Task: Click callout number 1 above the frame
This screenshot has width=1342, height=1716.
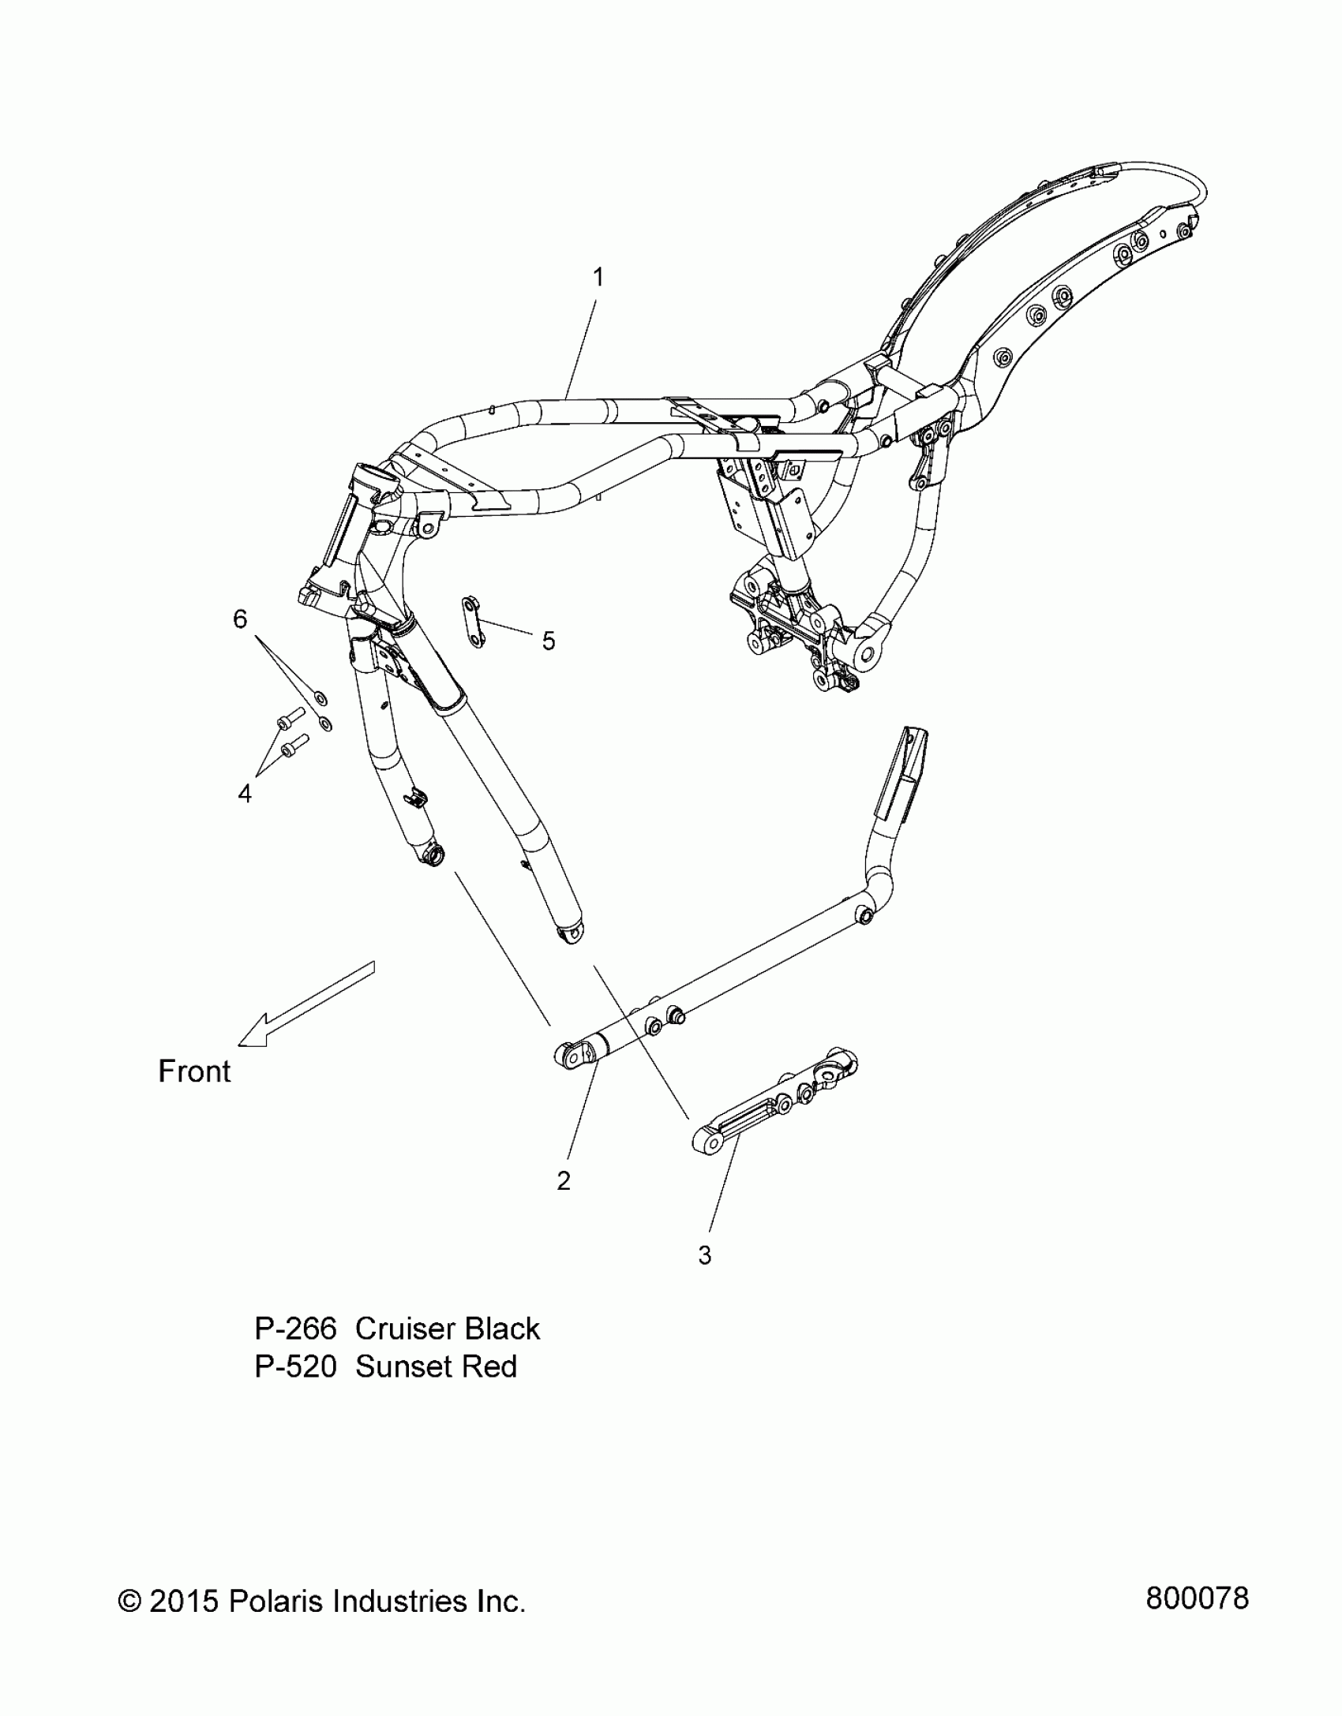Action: [x=598, y=277]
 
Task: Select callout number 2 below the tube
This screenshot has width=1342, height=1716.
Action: [x=564, y=1202]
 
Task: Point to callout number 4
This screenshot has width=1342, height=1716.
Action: [x=245, y=793]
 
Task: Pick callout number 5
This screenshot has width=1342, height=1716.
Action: [x=548, y=641]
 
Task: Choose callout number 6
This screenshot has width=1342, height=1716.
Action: [x=240, y=619]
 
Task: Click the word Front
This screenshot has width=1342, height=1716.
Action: [x=194, y=1071]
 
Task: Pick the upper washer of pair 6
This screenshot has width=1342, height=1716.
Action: [x=321, y=697]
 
